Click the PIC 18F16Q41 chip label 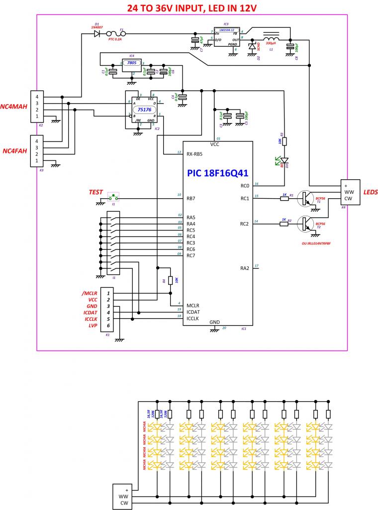(x=218, y=173)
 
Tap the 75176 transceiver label (x=144, y=109)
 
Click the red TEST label (x=95, y=192)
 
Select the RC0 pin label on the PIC (x=244, y=186)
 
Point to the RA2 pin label (x=244, y=268)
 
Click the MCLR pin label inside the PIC (x=193, y=305)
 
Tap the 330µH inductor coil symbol (x=271, y=40)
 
